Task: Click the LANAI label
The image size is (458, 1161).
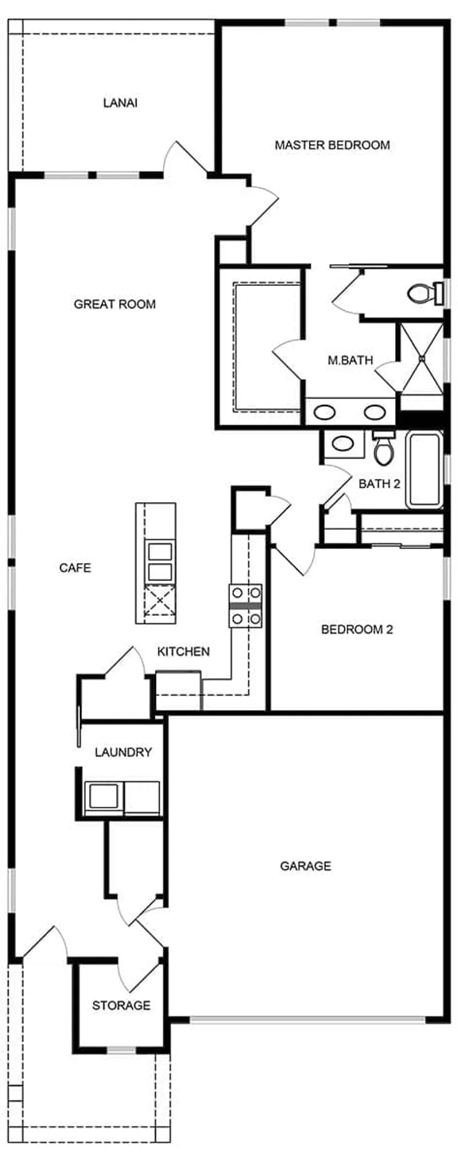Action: coord(120,103)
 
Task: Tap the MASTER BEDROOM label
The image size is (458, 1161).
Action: coord(332,145)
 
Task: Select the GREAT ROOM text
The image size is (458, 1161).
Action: coord(114,304)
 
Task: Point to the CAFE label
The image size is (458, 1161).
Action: coord(75,568)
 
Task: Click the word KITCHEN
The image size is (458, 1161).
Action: coord(183,651)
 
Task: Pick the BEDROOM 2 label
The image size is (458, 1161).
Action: coord(357,629)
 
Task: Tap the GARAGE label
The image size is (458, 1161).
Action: coord(306,866)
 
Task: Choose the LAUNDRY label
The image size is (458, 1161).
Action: coord(123,752)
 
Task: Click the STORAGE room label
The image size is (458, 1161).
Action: coord(121,1005)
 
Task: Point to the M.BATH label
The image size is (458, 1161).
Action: coord(350,360)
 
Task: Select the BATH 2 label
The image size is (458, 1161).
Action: coord(379,484)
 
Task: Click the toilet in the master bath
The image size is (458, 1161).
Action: coord(426,293)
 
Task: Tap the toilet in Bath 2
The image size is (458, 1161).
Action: coord(382,447)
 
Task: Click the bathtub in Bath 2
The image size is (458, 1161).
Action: coord(424,470)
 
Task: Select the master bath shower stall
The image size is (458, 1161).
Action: coord(421,359)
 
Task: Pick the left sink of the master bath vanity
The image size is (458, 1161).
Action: coord(324,411)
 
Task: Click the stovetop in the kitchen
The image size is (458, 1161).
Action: coord(246,606)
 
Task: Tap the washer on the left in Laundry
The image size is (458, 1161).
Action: coord(103,797)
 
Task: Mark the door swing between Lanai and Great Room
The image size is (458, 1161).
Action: coord(184,157)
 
